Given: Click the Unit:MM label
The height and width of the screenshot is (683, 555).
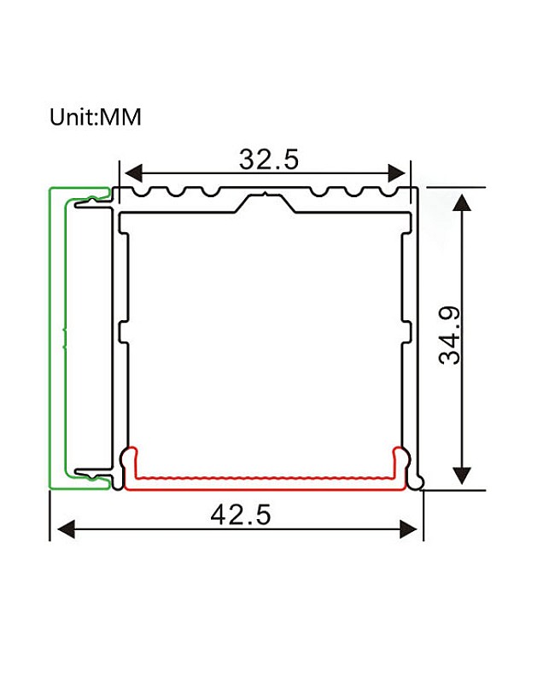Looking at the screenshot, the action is coord(96,117).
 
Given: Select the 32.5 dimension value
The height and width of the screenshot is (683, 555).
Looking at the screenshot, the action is coord(269,159).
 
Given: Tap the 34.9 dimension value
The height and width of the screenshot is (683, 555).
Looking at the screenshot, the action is coord(450,336).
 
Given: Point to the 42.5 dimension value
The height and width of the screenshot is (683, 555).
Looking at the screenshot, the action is coord(241,515).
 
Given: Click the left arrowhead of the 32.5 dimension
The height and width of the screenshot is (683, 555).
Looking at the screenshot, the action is coord(133,173).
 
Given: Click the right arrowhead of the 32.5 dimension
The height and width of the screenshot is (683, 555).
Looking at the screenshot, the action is coord(396,173).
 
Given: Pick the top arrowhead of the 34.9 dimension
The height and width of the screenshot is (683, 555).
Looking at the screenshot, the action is coord(462,203).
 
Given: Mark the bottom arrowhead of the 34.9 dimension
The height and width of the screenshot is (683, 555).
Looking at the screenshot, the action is coord(462,476).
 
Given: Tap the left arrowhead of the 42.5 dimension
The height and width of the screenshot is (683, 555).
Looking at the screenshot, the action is coord(67,529).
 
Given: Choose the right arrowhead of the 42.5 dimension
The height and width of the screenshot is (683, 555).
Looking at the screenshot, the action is coord(409,529).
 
